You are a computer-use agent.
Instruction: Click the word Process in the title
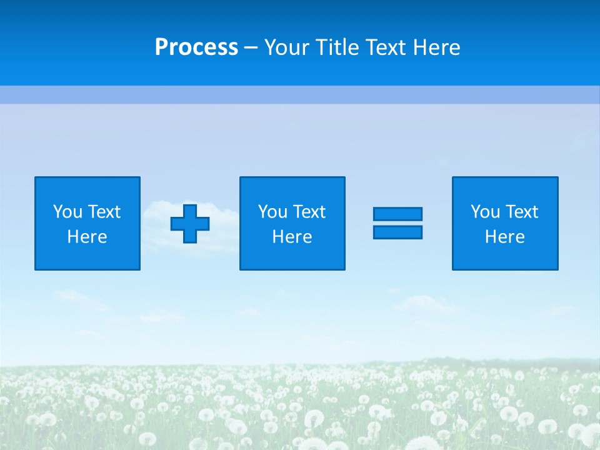tap(196, 47)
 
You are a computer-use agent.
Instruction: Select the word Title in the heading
tap(337, 47)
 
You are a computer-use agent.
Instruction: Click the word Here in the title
tap(436, 47)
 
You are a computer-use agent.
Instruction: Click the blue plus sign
tap(190, 224)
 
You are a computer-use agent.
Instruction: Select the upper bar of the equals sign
tap(397, 214)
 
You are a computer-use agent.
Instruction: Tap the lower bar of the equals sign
tap(397, 232)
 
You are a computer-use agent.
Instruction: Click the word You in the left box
tap(67, 212)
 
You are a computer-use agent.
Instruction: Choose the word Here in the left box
tap(87, 237)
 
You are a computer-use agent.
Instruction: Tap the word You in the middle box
tap(272, 212)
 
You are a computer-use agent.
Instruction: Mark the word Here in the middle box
tap(292, 237)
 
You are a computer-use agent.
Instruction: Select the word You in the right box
tap(485, 212)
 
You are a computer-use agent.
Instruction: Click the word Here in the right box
tap(504, 237)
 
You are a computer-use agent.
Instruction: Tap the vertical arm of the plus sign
tap(190, 210)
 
